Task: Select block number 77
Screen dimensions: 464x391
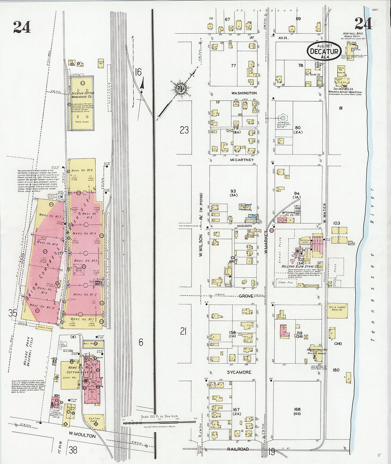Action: pos(233,66)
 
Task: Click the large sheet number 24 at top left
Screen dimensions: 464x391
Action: pos(22,27)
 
